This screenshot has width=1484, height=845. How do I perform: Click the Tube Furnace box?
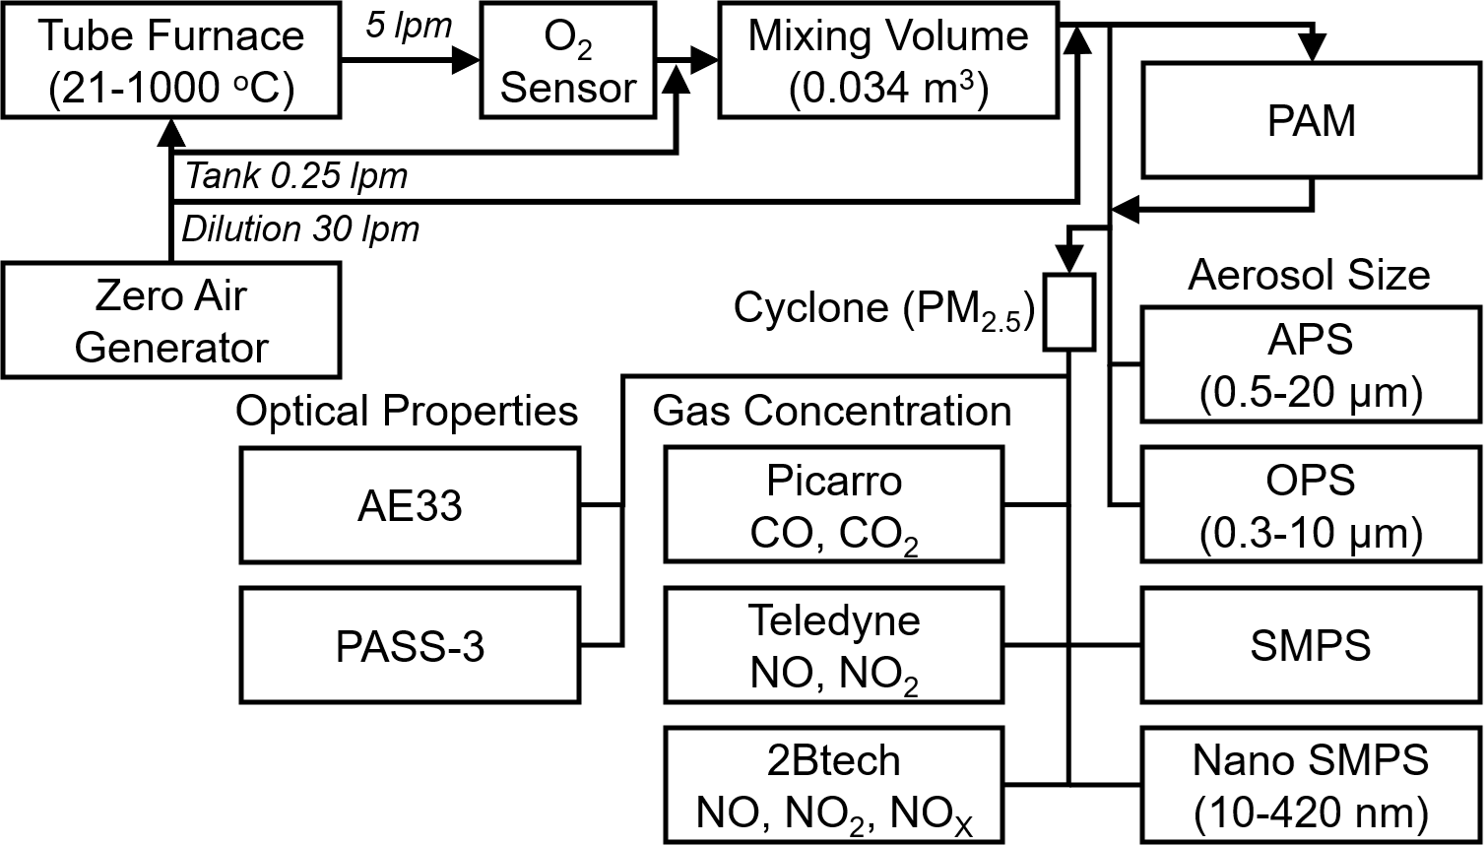[x=171, y=61]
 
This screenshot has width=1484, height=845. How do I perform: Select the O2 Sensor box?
[x=568, y=61]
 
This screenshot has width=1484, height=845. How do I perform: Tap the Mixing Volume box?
[x=888, y=61]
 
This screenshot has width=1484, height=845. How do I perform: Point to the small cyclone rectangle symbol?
[x=1069, y=311]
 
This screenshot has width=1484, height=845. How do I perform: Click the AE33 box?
[x=410, y=505]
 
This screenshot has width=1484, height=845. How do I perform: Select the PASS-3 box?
[x=410, y=646]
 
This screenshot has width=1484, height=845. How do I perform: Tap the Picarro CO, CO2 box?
[x=833, y=505]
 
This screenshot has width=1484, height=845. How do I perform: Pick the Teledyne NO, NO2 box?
[x=833, y=646]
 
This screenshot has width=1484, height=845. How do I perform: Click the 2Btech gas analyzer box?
[x=833, y=786]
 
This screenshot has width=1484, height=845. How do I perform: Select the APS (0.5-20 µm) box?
[x=1311, y=364]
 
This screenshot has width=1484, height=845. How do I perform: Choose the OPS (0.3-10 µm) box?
[x=1311, y=505]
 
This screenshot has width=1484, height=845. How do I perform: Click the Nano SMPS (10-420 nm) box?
[x=1311, y=786]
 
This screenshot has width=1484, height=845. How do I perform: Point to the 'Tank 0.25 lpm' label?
[x=296, y=177]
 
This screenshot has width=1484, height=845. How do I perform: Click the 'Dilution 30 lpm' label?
[x=300, y=229]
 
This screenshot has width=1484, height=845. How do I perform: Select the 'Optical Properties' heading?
[x=407, y=411]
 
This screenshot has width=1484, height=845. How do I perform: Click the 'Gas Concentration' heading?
[x=832, y=411]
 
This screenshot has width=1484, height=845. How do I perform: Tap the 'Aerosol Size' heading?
[x=1309, y=275]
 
